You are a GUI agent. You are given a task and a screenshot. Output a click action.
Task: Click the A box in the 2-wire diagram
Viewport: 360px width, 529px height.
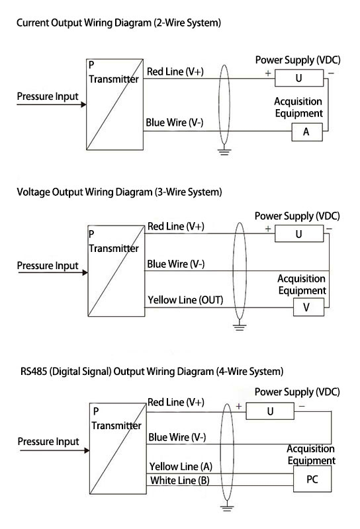[x=306, y=132]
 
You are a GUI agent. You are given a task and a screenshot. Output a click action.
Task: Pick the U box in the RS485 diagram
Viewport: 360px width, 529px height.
[x=270, y=411]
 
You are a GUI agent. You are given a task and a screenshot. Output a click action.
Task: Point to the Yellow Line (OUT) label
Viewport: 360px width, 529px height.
[x=185, y=300]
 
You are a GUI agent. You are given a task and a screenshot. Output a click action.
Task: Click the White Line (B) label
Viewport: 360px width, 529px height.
[x=180, y=480]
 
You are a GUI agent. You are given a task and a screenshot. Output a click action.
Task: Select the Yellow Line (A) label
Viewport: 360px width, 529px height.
[x=180, y=466]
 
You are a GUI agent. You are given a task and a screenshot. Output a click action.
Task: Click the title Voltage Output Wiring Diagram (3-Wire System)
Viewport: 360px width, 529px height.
[x=119, y=192]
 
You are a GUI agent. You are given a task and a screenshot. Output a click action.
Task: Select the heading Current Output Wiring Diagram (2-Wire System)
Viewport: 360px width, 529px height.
[x=118, y=23]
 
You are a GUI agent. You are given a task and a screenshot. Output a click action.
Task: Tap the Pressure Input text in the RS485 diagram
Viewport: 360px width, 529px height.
[x=48, y=441]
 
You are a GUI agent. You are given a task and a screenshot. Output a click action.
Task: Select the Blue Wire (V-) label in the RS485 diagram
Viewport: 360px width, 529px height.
[x=177, y=437]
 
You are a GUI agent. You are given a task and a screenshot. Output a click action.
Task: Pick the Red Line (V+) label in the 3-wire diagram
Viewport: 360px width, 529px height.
[x=175, y=226]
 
